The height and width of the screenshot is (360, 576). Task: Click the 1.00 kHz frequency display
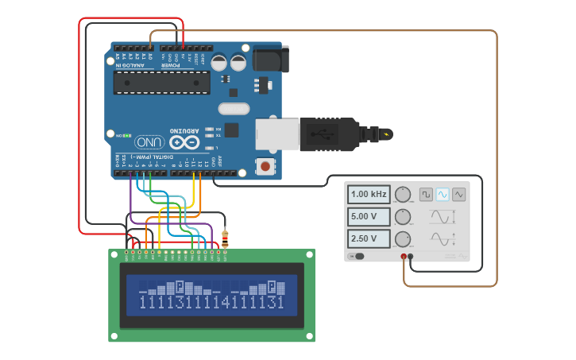369,194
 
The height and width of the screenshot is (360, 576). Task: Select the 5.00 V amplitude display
369,216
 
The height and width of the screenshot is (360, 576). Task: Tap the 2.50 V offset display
369,238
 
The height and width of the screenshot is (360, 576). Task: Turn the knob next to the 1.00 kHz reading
404,195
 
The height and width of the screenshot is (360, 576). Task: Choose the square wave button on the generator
427,194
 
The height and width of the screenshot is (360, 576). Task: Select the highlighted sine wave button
443,194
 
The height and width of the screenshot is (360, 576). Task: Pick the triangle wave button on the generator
458,194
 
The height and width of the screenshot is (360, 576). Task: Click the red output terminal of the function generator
404,257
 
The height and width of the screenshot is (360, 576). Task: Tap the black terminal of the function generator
411,257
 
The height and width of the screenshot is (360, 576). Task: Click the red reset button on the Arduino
263,165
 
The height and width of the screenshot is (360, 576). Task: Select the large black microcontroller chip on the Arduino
161,82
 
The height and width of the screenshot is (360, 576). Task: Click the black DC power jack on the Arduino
269,60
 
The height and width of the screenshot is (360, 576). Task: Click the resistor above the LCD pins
225,237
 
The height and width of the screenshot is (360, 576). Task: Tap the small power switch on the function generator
359,256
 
